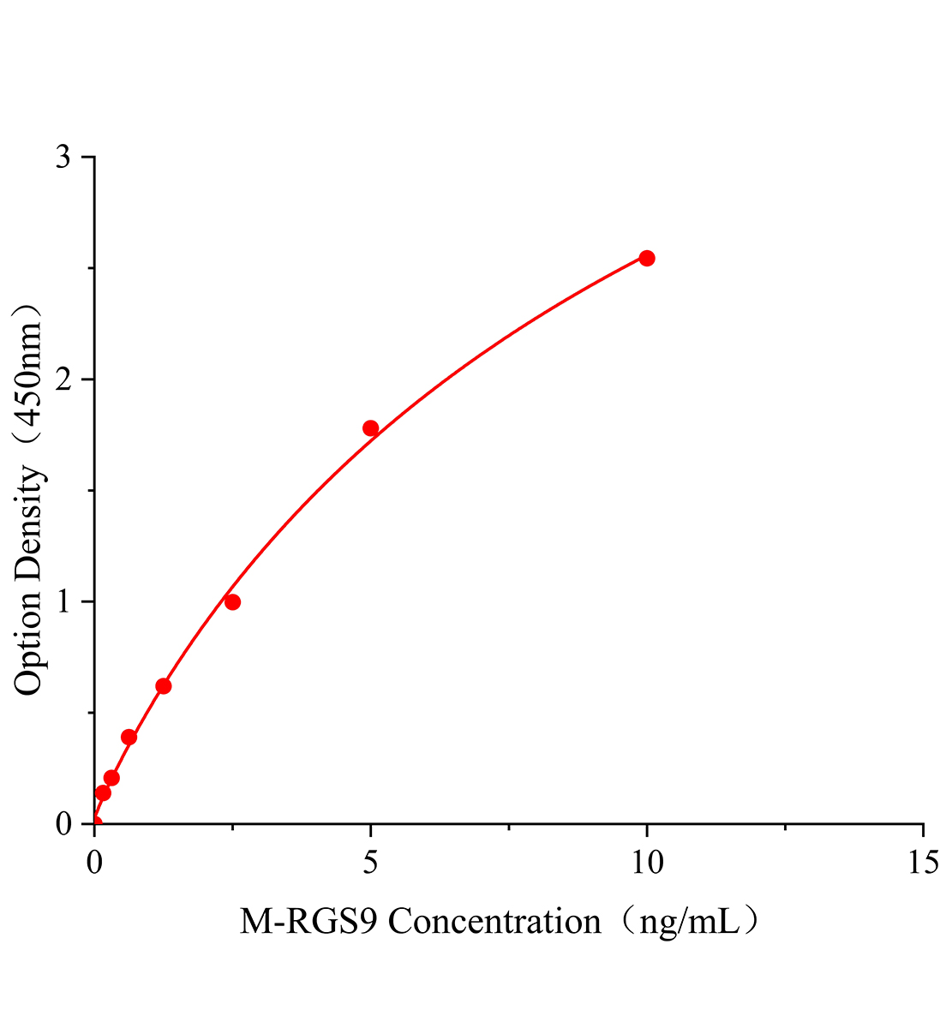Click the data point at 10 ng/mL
coord(647,258)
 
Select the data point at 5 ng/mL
coord(370,428)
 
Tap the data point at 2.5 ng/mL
coord(232,602)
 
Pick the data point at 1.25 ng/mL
coord(163,686)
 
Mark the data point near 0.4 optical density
coord(129,737)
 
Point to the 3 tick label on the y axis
coord(63,158)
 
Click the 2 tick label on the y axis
coord(63,380)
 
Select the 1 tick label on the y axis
coord(63,601)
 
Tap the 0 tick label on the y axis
coord(63,823)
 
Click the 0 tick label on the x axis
coord(94,863)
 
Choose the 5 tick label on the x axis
coord(370,863)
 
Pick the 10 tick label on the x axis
coord(647,863)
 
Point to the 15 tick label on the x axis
coord(923,863)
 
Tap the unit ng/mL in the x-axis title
coord(691,923)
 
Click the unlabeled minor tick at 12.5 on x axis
coord(785,827)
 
